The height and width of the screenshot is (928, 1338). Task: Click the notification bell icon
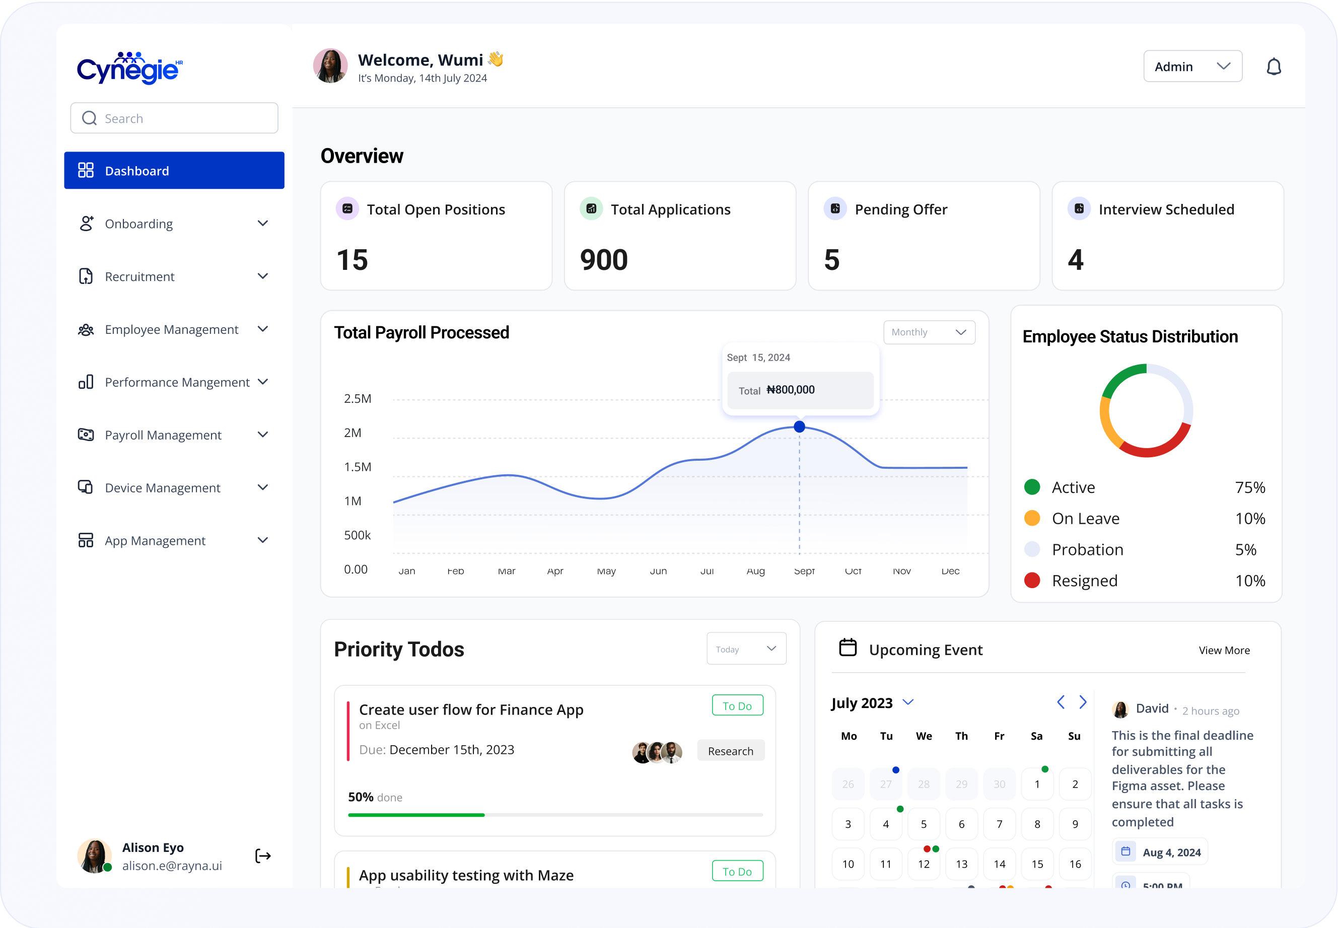(1274, 67)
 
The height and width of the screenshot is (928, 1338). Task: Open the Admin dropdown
(1192, 66)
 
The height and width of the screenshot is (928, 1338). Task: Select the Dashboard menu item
(174, 170)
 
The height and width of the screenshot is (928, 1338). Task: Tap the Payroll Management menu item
(163, 435)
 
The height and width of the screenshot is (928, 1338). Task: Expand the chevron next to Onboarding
(263, 223)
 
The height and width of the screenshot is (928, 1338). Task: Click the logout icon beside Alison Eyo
(263, 856)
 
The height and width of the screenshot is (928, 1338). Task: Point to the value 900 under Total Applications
(604, 260)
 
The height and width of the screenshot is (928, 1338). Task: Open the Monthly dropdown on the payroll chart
(929, 332)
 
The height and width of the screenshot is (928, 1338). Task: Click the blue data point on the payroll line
(800, 427)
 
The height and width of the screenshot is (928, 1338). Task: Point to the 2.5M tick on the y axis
(357, 399)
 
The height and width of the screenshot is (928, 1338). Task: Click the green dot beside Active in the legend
(1032, 487)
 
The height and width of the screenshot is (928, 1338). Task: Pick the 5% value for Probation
(1245, 549)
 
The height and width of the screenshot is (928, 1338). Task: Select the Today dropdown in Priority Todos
(746, 649)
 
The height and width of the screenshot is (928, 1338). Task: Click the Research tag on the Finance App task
(730, 751)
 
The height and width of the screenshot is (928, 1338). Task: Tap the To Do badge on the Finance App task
(737, 706)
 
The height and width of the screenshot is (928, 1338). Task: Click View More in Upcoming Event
(1224, 650)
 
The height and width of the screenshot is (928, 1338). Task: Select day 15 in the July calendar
(1037, 864)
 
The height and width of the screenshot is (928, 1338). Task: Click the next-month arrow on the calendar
(1083, 702)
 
